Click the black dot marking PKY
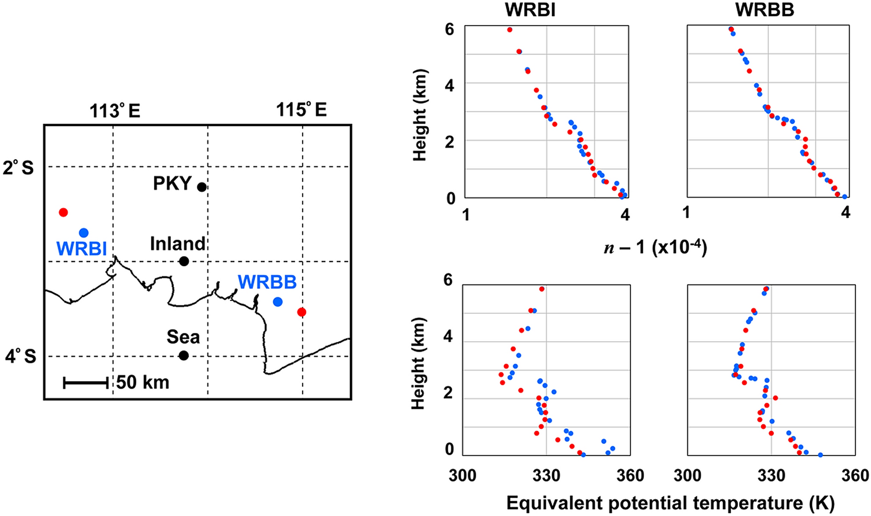[202, 187]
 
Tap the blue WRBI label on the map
[81, 249]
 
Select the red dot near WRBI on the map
[63, 212]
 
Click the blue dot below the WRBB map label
[278, 302]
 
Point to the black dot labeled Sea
[184, 356]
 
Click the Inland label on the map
[178, 243]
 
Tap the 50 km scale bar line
[86, 382]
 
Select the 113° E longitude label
[115, 110]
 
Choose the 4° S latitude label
[21, 356]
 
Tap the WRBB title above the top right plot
[765, 10]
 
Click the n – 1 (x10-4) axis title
[655, 248]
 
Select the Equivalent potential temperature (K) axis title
[671, 503]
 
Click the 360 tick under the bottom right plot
[855, 475]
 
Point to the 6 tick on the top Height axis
[449, 28]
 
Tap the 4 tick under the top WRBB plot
[845, 213]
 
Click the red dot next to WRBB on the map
[301, 312]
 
